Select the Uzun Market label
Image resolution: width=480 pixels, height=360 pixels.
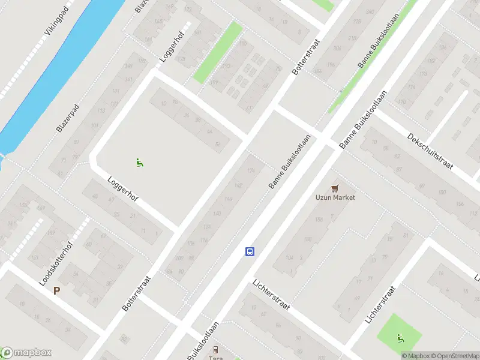click(335, 197)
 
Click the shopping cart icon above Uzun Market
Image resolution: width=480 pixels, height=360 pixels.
click(335, 187)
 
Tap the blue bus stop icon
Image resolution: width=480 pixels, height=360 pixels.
click(250, 252)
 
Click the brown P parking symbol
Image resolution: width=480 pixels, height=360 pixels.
click(57, 290)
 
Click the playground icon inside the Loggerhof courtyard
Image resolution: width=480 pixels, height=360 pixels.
click(139, 161)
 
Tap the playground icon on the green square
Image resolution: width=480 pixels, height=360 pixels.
click(400, 338)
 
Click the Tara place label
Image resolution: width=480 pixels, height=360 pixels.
click(215, 358)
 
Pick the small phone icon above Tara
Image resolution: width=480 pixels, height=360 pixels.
click(215, 349)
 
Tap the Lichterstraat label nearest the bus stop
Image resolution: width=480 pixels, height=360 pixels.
click(271, 295)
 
